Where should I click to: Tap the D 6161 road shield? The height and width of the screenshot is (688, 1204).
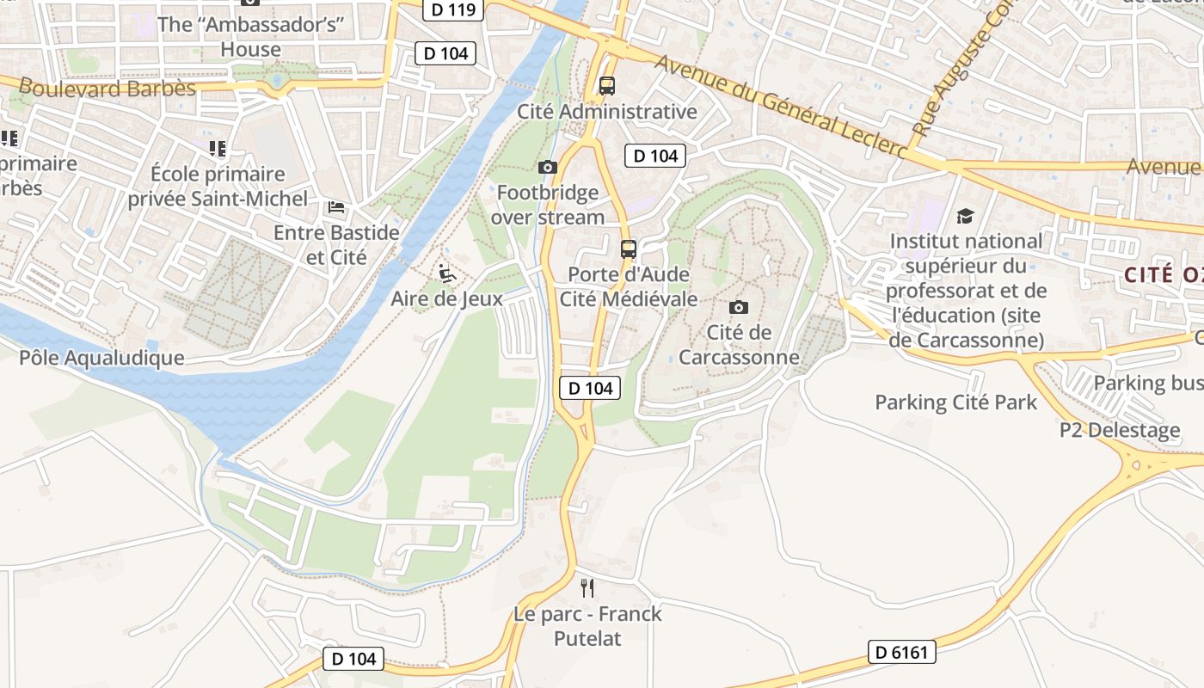pyautogui.click(x=901, y=653)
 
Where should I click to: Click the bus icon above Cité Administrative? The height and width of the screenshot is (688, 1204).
pyautogui.click(x=607, y=86)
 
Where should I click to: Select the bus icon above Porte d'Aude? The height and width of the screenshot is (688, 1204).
pyautogui.click(x=629, y=249)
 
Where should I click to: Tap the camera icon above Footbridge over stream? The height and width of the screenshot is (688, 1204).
pyautogui.click(x=548, y=167)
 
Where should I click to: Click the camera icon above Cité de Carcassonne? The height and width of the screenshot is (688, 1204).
pyautogui.click(x=738, y=307)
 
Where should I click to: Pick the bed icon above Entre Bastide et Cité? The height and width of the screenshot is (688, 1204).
pyautogui.click(x=336, y=207)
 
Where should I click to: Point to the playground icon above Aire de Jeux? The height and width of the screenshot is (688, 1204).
pyautogui.click(x=446, y=273)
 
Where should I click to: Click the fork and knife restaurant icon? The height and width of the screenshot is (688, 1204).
pyautogui.click(x=587, y=588)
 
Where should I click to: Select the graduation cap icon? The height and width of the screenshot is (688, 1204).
pyautogui.click(x=966, y=216)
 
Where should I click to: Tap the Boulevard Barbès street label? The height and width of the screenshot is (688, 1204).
pyautogui.click(x=107, y=88)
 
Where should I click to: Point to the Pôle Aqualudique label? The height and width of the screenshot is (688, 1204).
pyautogui.click(x=101, y=358)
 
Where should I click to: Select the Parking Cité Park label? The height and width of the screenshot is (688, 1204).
pyautogui.click(x=955, y=402)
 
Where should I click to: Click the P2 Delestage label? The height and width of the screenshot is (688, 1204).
pyautogui.click(x=1120, y=430)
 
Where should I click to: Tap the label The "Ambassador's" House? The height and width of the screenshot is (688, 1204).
pyautogui.click(x=250, y=37)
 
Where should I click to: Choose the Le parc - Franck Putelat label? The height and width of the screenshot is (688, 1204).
pyautogui.click(x=587, y=626)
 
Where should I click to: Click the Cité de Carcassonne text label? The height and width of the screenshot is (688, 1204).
pyautogui.click(x=738, y=344)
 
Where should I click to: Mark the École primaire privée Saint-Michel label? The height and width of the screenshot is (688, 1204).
pyautogui.click(x=218, y=187)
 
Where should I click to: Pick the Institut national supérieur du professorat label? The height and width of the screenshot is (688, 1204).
pyautogui.click(x=967, y=291)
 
